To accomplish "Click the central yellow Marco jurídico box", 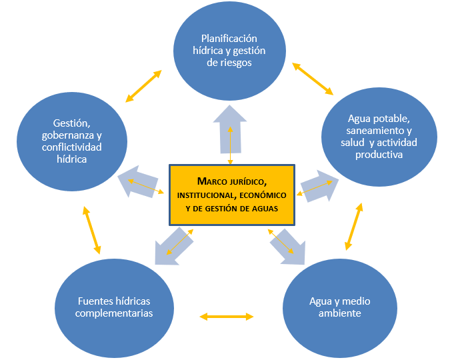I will pyautogui.click(x=231, y=193).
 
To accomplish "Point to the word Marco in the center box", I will pyautogui.click(x=203, y=181).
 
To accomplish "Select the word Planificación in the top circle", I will pyautogui.click(x=229, y=39).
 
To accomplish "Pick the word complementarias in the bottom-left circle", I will pyautogui.click(x=114, y=313).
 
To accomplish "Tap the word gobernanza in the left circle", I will pyautogui.click(x=71, y=135).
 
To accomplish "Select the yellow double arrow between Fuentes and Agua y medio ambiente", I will pyautogui.click(x=227, y=316).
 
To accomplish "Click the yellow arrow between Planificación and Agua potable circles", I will pyautogui.click(x=313, y=79).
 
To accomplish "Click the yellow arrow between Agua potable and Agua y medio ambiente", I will pyautogui.click(x=353, y=227).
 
